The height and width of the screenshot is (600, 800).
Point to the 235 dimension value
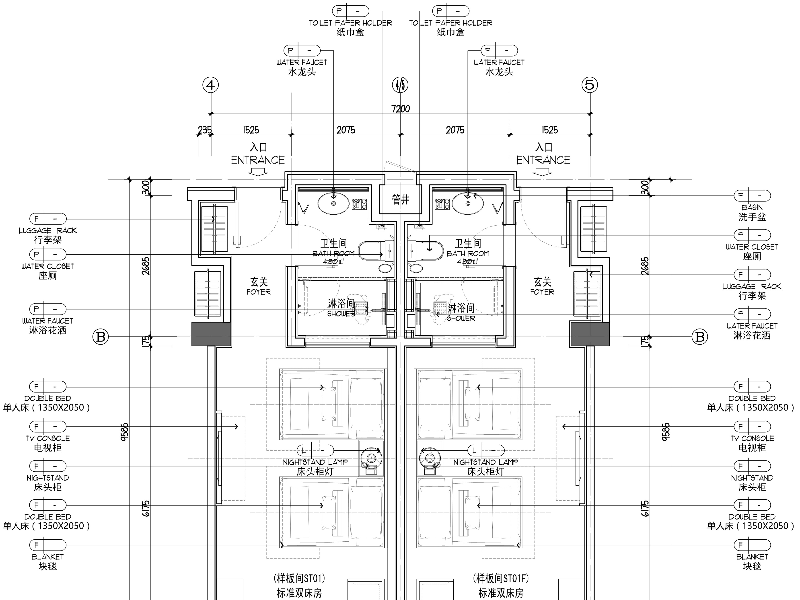point(205,130)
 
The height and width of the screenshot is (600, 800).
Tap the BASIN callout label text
point(752,208)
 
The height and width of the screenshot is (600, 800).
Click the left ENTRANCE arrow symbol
point(258,173)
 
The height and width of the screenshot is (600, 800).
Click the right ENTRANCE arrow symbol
point(543,173)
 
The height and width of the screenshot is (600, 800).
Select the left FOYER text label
point(259,292)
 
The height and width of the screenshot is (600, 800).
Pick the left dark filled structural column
point(211,334)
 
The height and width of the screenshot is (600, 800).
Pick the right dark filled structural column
point(590,334)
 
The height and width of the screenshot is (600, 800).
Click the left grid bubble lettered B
point(101,337)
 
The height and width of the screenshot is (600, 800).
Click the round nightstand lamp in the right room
point(430,458)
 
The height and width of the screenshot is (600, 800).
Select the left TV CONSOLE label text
point(48,438)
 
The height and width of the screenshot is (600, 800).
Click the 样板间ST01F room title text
point(501,579)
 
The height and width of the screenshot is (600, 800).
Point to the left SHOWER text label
point(341,314)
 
